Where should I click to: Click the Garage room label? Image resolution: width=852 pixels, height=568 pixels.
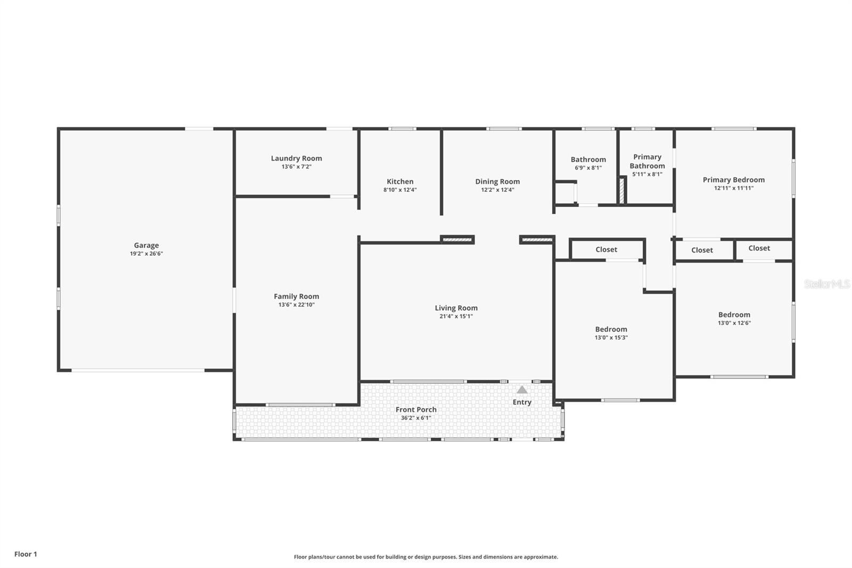tap(146, 246)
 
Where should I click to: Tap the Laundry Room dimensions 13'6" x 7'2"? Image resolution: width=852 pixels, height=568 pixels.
tap(296, 167)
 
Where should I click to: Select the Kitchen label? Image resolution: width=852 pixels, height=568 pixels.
tap(400, 181)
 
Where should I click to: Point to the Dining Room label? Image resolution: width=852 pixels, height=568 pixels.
tap(497, 181)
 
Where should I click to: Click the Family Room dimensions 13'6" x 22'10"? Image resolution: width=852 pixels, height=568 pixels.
tap(296, 305)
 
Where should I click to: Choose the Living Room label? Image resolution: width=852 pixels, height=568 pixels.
tap(456, 308)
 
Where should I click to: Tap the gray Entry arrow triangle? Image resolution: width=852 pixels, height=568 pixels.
tap(522, 390)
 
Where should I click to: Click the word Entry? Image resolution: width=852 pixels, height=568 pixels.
tap(522, 402)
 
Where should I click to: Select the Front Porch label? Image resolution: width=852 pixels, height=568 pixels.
tap(416, 409)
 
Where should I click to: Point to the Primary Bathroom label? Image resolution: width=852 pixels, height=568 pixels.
tap(647, 161)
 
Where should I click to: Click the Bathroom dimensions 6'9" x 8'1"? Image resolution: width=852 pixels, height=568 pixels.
tap(588, 168)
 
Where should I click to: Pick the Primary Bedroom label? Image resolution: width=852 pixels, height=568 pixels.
tap(733, 180)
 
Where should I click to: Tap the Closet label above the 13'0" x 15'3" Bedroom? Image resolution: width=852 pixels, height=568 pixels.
tap(606, 249)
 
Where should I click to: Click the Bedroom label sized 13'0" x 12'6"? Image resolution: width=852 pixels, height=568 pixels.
tap(734, 314)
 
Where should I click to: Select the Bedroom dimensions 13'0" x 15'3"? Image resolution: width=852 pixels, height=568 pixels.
tap(611, 337)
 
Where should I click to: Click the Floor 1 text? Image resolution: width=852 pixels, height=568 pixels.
tap(26, 554)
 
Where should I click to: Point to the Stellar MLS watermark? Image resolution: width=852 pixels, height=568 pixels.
tap(826, 284)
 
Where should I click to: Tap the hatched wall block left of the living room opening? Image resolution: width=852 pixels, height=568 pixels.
tap(457, 240)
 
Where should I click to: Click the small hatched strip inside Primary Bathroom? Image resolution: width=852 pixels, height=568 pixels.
tap(621, 190)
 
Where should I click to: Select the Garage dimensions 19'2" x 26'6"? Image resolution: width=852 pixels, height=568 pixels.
tap(146, 254)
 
